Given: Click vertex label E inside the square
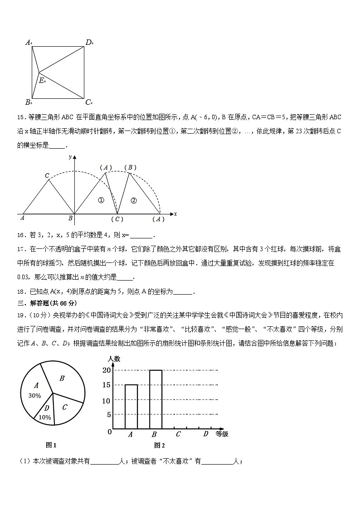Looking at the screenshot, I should coord(41,81).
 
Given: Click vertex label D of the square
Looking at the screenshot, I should coord(88,43).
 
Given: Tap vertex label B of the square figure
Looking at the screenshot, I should coord(28,102).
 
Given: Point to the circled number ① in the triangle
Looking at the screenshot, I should coord(101,200).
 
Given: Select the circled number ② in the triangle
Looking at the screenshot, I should coord(133,200).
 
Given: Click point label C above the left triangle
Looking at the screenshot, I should coord(47,175).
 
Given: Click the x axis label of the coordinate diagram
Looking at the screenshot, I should coord(175,213).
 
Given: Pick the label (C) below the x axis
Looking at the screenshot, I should coord(117,219).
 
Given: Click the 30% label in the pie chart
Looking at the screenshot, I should coord(34,395).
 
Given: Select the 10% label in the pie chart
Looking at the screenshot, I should coord(45,417).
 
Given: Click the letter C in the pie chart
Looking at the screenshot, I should coord(64,407).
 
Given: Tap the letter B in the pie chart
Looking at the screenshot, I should coord(62,378).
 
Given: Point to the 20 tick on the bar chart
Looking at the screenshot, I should coord(107,370).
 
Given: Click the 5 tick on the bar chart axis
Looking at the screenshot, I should coord(108,414).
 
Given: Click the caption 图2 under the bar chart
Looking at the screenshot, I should coord(159,445).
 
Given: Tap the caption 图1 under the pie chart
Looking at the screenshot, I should coord(51,445).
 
